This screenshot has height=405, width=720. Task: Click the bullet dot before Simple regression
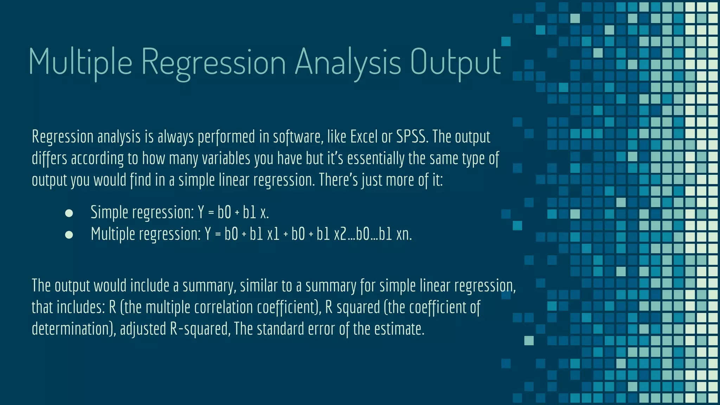(69, 213)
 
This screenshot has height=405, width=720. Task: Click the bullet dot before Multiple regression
(69, 235)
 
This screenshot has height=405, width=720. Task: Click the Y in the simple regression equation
(201, 212)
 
